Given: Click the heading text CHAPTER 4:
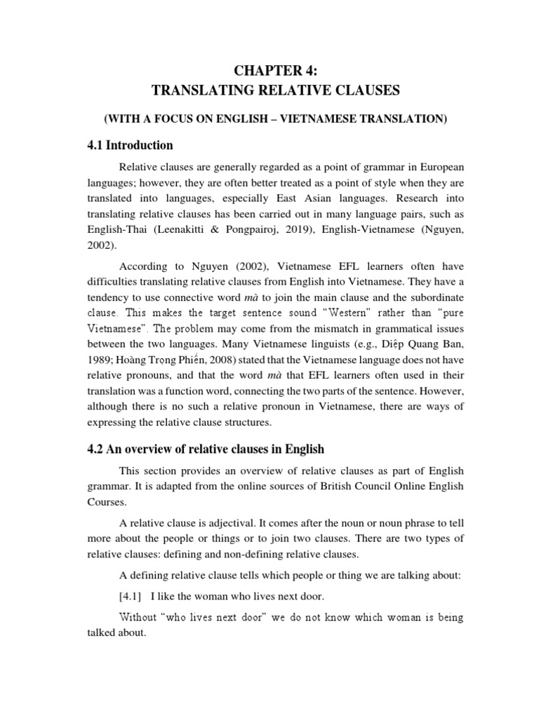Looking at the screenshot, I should [269, 69].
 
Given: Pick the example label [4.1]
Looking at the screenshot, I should [131, 597].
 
